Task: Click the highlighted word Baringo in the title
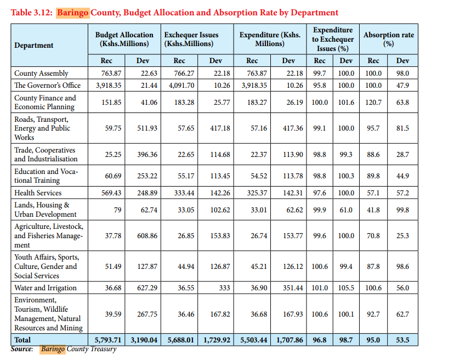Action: [73, 13]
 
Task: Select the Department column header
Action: [34, 46]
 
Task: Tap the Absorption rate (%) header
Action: [389, 40]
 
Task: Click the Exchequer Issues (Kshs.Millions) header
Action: [190, 40]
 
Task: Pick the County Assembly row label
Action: [41, 73]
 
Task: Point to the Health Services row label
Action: [38, 193]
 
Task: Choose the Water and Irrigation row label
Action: [46, 288]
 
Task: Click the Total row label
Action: [23, 340]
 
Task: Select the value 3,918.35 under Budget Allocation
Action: [111, 85]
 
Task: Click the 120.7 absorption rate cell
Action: [373, 103]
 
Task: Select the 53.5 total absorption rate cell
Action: [402, 340]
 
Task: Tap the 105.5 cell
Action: [346, 288]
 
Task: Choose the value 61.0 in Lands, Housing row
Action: [346, 210]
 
